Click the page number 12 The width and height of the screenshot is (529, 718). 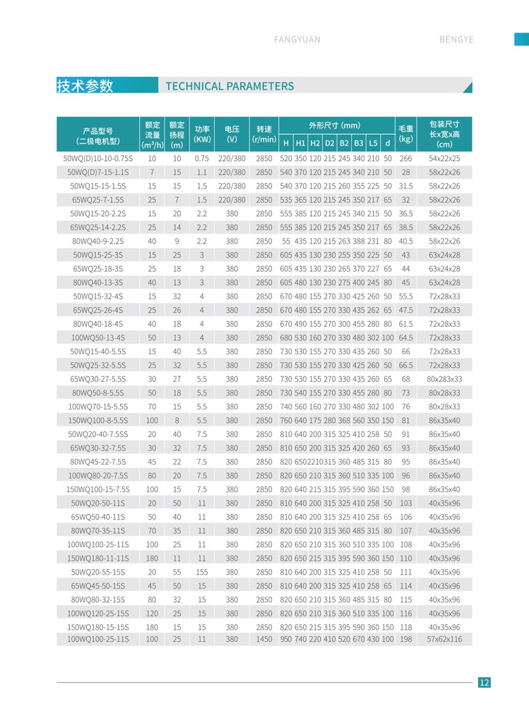pos(484,682)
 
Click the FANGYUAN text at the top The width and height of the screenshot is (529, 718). pos(297,40)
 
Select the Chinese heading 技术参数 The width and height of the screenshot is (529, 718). pos(85,86)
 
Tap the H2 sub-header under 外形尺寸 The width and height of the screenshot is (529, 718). pos(315,143)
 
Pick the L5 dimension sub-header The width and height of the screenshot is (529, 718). pos(374,143)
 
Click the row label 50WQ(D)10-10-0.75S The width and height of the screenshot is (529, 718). pos(97,159)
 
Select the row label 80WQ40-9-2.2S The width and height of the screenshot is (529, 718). pos(97,241)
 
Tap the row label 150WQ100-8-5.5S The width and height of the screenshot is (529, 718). pos(97,420)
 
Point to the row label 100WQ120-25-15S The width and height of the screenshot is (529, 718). pos(97,614)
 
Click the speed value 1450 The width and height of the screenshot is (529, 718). pos(263,639)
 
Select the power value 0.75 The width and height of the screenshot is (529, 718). pos(202,159)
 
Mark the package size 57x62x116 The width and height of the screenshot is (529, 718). pos(444,639)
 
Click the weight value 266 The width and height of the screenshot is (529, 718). pos(405,159)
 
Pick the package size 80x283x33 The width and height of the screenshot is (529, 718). pos(444,379)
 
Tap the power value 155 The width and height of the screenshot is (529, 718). pos(202,572)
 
